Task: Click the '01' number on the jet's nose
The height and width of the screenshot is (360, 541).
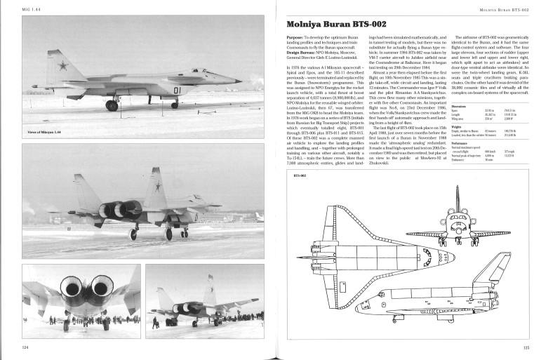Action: pos(177,91)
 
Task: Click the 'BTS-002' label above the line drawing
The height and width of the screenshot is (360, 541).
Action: pos(299,176)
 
